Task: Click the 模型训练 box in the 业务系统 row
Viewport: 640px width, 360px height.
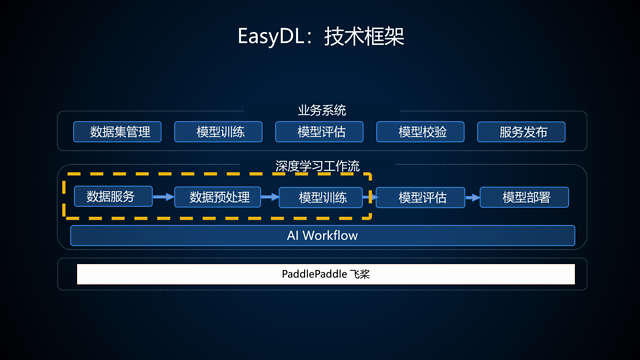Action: click(218, 132)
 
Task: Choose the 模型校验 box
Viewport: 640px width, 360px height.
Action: click(422, 132)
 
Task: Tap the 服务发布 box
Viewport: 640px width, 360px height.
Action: click(521, 132)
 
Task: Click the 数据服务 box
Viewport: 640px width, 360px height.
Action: click(111, 197)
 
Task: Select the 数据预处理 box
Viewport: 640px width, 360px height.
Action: click(212, 197)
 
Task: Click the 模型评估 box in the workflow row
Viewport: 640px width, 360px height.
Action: click(422, 197)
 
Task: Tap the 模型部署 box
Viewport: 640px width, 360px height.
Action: click(525, 197)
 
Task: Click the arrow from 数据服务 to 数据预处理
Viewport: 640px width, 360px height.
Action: click(162, 197)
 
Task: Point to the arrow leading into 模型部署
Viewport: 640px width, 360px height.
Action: click(471, 197)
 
